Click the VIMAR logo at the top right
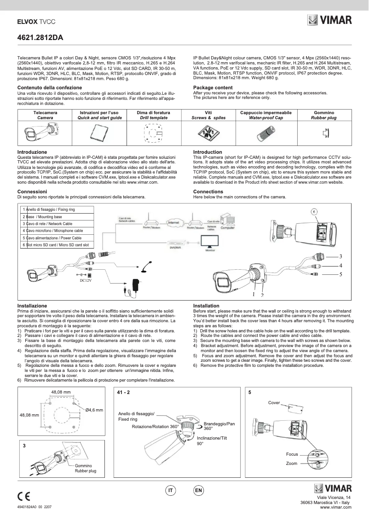330,20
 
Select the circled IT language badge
171,491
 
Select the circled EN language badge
198,491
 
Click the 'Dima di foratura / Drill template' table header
154,115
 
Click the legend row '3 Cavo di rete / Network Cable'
58,224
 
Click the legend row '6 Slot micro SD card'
58,245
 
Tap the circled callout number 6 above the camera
314,211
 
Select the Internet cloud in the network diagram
173,223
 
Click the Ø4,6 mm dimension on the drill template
94,409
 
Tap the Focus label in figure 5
292,454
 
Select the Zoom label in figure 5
291,463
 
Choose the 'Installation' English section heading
206,306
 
